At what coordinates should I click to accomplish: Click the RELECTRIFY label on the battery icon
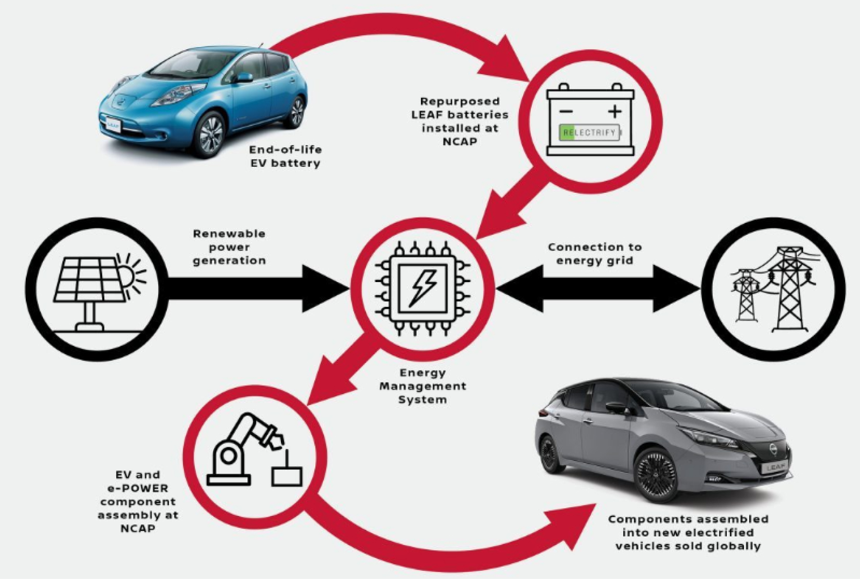590,132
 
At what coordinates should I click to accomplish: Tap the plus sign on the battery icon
615,111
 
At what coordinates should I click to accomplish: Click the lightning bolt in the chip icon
422,288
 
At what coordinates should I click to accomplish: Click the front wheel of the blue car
211,134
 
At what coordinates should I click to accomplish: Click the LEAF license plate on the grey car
774,467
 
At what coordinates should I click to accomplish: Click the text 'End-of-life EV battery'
285,156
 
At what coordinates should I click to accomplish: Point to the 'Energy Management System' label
422,386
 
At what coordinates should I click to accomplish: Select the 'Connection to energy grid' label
594,254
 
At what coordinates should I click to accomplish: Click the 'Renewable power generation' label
229,247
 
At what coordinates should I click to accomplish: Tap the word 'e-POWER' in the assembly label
138,488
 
